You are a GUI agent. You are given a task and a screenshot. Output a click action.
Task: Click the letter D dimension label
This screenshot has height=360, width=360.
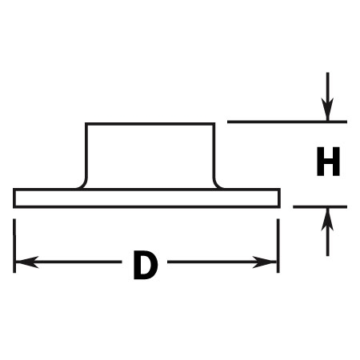pos(146,265)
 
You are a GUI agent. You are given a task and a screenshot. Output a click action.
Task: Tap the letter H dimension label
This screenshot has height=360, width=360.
pos(328,162)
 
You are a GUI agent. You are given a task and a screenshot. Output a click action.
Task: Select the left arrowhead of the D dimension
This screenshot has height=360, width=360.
pos(27,262)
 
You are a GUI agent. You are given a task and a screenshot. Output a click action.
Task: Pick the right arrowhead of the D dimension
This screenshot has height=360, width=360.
pos(264,262)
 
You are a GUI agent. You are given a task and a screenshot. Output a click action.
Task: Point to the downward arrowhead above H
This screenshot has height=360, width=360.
pos(327,110)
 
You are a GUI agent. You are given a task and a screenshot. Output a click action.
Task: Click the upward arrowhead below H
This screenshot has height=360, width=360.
pos(327,220)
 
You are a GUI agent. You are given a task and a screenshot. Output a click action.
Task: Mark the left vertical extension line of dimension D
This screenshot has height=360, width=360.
pos(14,246)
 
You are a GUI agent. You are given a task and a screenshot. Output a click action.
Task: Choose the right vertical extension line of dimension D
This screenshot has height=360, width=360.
pos(278,246)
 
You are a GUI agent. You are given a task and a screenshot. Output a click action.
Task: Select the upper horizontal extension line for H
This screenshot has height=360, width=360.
pos(287,122)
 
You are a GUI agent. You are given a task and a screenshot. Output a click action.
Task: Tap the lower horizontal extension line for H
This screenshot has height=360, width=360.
pos(320,206)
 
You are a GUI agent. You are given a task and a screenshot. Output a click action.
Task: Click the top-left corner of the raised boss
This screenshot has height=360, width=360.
pos(86,124)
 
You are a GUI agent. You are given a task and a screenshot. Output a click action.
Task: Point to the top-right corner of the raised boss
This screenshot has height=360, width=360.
pos(214,124)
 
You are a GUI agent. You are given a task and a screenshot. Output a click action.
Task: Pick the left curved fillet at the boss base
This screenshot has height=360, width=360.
pos(83,184)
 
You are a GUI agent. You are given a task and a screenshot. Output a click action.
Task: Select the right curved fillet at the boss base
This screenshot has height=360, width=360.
pos(217,184)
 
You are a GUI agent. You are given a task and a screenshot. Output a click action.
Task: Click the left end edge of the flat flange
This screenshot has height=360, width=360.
pos(14,198)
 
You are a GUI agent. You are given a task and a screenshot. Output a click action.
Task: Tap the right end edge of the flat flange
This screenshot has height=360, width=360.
pos(279,198)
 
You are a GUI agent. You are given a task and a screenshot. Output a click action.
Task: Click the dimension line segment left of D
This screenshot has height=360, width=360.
pos(69,262)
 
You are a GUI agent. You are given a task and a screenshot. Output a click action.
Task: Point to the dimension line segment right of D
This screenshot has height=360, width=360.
pos(222,262)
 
